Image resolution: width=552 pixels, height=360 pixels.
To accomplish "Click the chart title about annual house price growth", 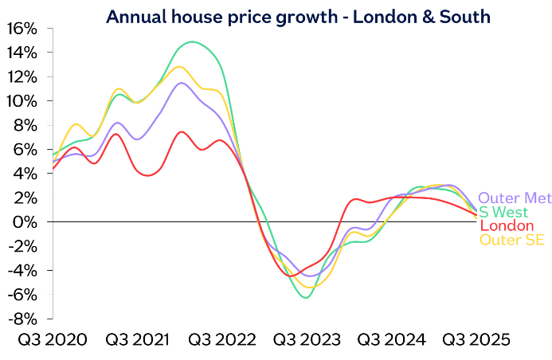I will (x=276, y=14).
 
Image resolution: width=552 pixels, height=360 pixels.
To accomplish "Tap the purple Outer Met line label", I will (x=514, y=198).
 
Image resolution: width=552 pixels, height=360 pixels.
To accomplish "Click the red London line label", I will (x=506, y=226).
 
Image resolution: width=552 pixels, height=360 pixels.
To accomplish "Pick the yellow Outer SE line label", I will (x=511, y=240).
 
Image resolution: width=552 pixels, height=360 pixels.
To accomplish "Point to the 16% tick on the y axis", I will (x=21, y=29).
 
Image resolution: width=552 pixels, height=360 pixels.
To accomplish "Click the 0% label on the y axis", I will (x=24, y=221).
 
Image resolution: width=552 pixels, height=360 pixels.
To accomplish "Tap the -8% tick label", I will (x=21, y=318).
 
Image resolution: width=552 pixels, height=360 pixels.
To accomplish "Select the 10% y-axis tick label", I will (x=21, y=101).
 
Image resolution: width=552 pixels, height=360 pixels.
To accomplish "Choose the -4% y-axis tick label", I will (x=21, y=270).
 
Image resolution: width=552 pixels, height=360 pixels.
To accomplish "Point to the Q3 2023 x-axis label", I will (x=305, y=340).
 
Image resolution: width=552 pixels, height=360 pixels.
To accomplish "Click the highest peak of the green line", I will (x=193, y=41).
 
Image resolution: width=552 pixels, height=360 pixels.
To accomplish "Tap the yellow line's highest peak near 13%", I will (x=179, y=67).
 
